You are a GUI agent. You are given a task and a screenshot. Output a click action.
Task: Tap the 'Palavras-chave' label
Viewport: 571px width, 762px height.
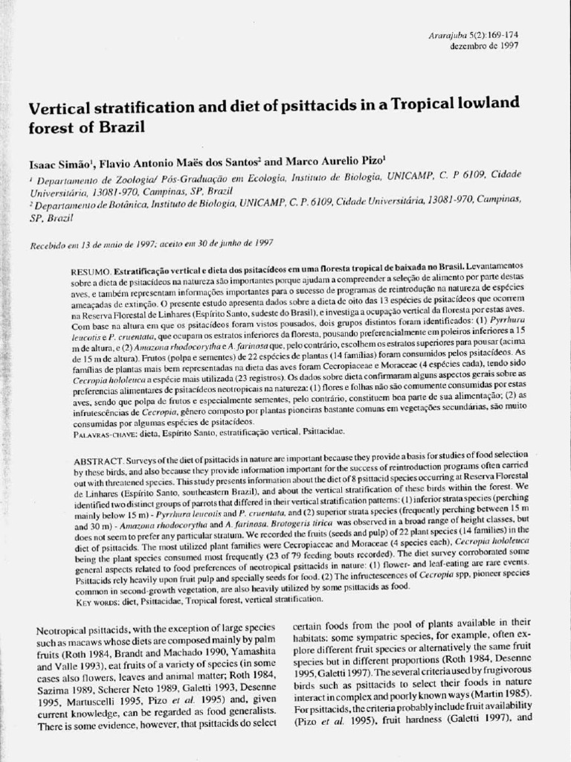(104, 431)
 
